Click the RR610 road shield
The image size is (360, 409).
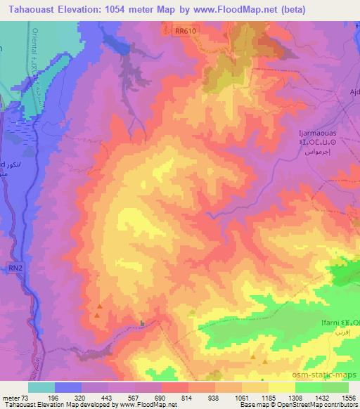coord(184,30)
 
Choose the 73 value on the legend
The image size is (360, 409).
coord(33,397)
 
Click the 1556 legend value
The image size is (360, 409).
coord(347,397)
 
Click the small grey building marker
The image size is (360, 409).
coord(143,323)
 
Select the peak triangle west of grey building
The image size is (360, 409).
coord(99,306)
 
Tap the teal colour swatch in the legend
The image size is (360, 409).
coord(41,387)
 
